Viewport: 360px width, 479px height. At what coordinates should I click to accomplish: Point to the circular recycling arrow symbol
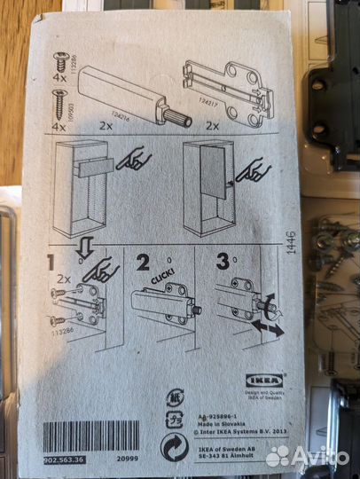pos(173,448)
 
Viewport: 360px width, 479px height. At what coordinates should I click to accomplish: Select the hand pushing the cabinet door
pos(254,169)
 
